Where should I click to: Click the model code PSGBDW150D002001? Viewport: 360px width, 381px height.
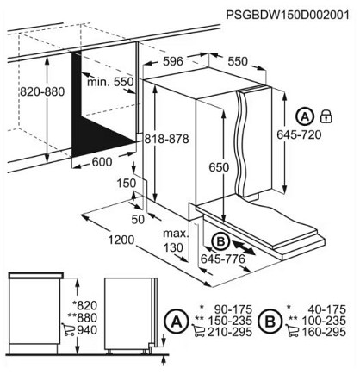(288, 15)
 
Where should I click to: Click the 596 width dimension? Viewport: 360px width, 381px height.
(173, 61)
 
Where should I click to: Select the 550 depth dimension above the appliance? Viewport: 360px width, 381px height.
(238, 61)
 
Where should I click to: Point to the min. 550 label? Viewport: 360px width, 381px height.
(110, 82)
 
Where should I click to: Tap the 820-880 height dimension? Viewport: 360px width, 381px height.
(42, 92)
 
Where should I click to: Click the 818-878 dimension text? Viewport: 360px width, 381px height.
(166, 139)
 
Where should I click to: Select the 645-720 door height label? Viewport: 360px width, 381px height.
(299, 134)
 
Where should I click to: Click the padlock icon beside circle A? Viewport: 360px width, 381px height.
(326, 116)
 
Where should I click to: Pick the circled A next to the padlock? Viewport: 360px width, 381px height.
(305, 116)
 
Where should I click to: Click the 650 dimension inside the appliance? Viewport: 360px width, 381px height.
(219, 167)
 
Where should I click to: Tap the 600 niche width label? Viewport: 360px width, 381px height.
(102, 162)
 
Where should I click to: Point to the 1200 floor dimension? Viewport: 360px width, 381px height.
(121, 240)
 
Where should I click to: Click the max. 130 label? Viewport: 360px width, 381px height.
(175, 240)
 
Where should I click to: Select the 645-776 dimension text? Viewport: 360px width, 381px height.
(223, 259)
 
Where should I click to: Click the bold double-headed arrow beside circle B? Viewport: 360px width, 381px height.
(243, 247)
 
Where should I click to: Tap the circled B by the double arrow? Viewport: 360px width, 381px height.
(220, 241)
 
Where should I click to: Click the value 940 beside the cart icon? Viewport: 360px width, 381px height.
(87, 330)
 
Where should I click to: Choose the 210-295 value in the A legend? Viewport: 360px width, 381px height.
(230, 332)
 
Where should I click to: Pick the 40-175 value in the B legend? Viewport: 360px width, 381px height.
(327, 309)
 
